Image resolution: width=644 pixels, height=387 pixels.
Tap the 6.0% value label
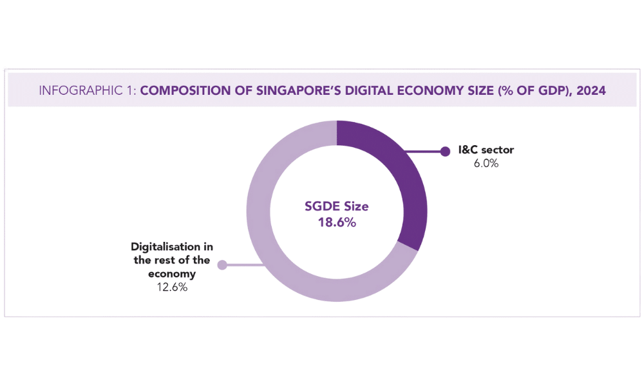click(486, 164)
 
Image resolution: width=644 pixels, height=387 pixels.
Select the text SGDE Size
click(336, 207)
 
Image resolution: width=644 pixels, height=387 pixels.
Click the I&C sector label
click(486, 150)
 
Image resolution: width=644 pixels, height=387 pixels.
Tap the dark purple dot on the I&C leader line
click(444, 152)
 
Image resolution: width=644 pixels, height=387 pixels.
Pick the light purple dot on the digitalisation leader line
click(222, 264)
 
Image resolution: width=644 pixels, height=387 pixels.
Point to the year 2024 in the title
click(591, 90)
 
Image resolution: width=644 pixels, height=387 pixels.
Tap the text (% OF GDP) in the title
click(533, 90)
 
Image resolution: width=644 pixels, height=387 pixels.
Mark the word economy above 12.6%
click(172, 274)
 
